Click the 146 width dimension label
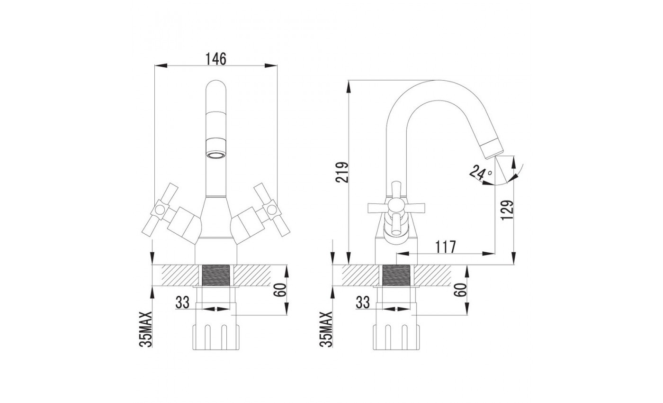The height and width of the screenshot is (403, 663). point(216,59)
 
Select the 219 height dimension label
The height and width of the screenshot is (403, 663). point(342,172)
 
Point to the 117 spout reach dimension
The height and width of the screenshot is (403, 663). point(446,247)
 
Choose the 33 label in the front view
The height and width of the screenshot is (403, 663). point(182,302)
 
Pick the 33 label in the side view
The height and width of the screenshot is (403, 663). point(363,302)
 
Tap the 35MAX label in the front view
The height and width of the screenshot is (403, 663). point(146,329)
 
